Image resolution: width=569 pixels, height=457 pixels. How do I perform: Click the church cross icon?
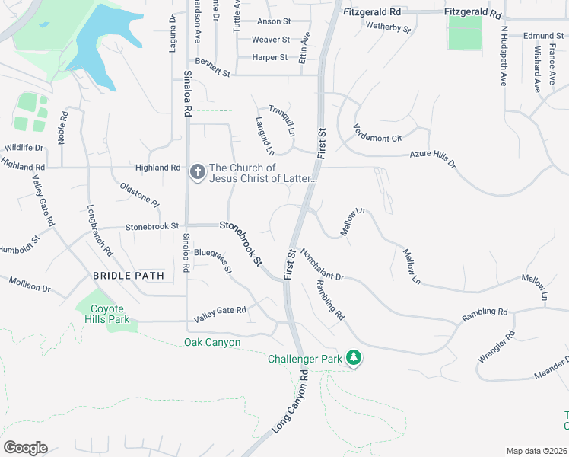197,172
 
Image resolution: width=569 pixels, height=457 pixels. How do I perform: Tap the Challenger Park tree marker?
353,357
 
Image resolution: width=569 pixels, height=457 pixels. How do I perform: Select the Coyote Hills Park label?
107,314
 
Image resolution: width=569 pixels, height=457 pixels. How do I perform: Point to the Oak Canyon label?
212,343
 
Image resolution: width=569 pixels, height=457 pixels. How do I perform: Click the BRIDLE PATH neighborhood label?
129,275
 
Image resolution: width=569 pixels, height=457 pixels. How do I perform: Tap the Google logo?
25,448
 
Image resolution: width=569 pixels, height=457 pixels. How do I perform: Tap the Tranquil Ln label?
281,120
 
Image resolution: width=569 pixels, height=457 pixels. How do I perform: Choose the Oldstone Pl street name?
140,194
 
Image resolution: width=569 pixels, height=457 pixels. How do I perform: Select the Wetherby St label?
389,28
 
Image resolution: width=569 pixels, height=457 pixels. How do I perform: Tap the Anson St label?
274,22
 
